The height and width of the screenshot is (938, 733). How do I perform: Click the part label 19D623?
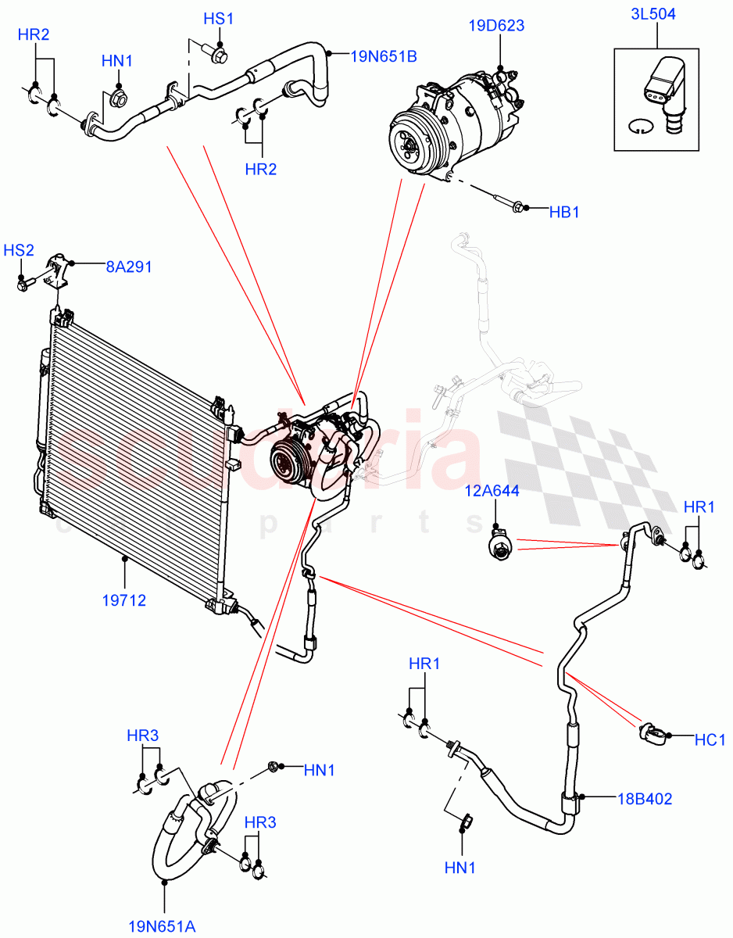[x=496, y=26]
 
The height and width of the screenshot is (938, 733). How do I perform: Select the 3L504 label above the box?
[x=655, y=13]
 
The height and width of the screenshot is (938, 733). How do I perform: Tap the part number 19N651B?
[x=383, y=55]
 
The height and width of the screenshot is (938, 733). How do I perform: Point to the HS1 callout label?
[x=219, y=19]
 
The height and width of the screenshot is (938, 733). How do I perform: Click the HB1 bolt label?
[x=563, y=212]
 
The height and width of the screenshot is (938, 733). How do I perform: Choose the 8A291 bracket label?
[x=129, y=267]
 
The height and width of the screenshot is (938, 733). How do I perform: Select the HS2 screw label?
[x=19, y=250]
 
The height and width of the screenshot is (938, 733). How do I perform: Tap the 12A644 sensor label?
[x=493, y=490]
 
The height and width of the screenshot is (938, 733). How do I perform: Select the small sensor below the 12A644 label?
[x=496, y=545]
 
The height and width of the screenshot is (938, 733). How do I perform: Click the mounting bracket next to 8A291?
[x=60, y=273]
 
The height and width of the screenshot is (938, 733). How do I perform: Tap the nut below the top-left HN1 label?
[x=119, y=99]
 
